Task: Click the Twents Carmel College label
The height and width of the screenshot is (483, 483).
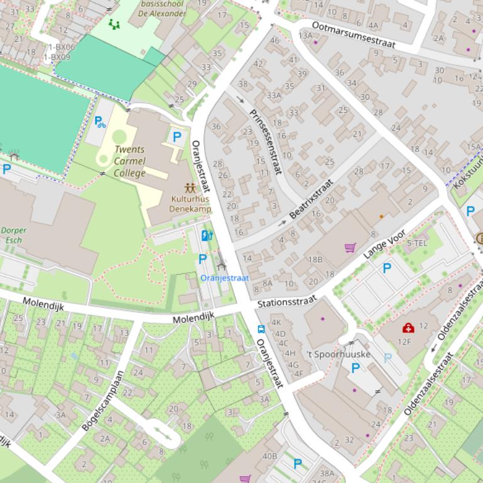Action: click(129, 161)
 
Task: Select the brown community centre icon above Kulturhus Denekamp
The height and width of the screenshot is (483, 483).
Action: click(190, 188)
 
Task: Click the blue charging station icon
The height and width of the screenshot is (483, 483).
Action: click(207, 235)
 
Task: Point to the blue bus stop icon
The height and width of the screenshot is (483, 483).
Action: click(261, 329)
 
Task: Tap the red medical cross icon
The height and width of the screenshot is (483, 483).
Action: click(408, 327)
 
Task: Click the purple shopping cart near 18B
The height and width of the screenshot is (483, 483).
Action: click(350, 248)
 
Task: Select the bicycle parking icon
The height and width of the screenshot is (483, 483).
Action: click(100, 122)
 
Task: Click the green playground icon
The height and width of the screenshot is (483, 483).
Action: click(114, 24)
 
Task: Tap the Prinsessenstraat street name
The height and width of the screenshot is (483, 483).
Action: click(266, 142)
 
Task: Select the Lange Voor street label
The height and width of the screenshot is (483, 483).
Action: click(384, 245)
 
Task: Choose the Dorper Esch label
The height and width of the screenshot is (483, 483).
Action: click(13, 235)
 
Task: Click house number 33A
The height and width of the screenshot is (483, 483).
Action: click(274, 95)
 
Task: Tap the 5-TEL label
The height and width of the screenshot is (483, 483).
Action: click(417, 243)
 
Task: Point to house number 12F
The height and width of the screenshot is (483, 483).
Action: click(404, 342)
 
